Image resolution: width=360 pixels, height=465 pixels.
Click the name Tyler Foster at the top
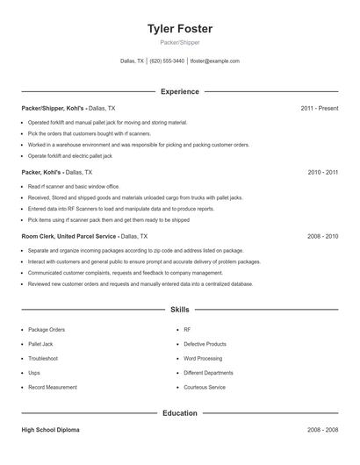coord(180,29)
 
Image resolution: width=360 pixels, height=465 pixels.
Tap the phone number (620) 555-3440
coord(167,61)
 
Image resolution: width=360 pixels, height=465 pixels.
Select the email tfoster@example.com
coord(215,61)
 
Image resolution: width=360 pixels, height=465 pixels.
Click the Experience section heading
coord(180,91)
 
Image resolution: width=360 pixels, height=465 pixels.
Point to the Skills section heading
coord(180,310)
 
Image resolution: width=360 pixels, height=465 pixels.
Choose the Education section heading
coord(180,412)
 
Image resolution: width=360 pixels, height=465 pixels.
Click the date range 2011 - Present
coord(319,108)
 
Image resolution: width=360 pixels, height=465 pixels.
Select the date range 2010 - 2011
coord(322,173)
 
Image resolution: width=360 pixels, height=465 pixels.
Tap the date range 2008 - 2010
coord(322,237)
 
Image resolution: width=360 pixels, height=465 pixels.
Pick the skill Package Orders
coord(46,330)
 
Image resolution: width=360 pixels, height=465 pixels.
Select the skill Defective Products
coord(205,344)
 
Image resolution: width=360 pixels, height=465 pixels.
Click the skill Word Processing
coord(203,359)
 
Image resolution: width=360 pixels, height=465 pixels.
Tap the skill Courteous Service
coord(205,387)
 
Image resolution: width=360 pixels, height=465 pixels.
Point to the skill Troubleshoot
coord(43,359)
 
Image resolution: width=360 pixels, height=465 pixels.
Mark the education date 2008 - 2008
coord(322,431)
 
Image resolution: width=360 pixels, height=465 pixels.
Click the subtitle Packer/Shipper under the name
coord(180,42)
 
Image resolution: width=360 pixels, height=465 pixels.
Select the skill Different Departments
coord(207,373)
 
